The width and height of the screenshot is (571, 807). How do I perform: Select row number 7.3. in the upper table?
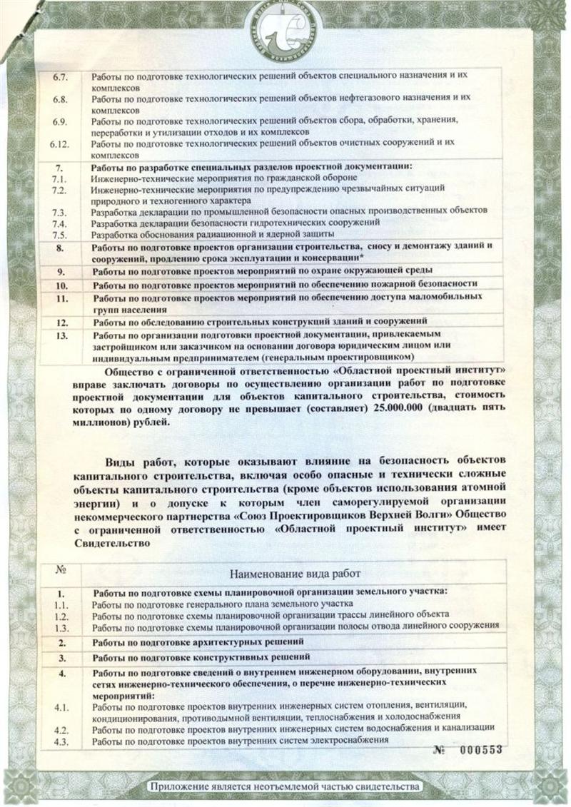60,212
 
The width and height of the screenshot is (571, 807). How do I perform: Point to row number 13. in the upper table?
61,334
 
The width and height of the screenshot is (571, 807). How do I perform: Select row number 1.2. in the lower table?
61,614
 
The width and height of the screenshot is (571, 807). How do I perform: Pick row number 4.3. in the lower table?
61,740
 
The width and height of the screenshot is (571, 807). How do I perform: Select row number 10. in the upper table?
61,284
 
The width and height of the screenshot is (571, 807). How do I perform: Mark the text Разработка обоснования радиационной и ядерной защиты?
213,233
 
